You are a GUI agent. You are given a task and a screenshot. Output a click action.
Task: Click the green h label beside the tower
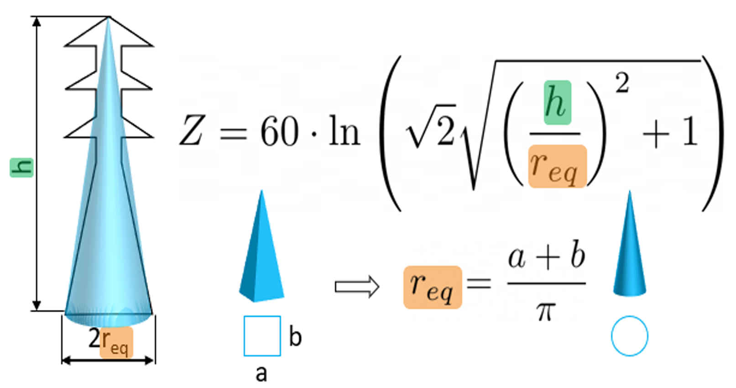coord(21,167)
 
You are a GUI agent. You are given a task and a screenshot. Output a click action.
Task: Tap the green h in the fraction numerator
coord(557,103)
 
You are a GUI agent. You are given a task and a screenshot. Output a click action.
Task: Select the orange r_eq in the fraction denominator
coord(557,167)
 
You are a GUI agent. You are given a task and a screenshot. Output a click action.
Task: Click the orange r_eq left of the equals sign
coord(432,287)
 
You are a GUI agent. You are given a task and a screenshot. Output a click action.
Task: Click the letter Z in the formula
coord(191,131)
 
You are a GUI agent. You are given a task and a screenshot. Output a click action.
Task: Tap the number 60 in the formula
coord(280,131)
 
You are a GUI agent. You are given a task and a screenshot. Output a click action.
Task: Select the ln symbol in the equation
coord(345,131)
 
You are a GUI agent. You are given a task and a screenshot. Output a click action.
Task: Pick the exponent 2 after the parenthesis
coord(622,83)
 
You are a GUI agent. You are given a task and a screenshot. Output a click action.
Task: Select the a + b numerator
coord(547,256)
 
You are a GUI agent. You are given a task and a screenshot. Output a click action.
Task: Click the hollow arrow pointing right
coord(357,287)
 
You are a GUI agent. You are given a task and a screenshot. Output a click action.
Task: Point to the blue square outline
coord(262,336)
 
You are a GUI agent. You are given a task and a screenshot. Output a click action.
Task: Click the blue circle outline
coord(630,336)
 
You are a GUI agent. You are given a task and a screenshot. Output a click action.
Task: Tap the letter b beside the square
coord(295,337)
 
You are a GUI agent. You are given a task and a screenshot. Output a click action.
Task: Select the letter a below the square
coord(261,373)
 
